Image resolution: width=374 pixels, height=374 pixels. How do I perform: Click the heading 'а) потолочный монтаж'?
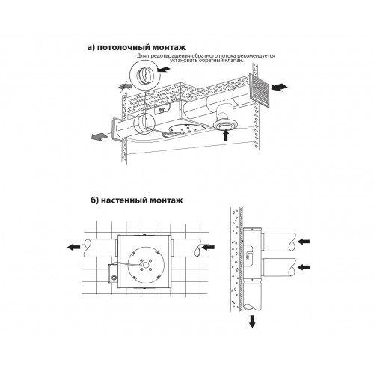click(x=136, y=48)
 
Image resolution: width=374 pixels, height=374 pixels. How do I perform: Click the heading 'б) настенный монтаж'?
click(x=136, y=200)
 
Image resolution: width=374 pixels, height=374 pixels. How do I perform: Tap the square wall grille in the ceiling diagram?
click(x=260, y=91)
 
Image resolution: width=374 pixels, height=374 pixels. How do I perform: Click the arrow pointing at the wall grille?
click(x=279, y=88)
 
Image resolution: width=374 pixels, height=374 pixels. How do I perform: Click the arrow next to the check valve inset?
click(x=164, y=69)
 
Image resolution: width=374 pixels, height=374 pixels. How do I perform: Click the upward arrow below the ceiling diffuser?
click(x=226, y=135)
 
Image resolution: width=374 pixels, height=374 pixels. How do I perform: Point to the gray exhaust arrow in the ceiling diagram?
click(x=99, y=136)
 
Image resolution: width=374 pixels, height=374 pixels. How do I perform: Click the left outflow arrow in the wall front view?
click(x=74, y=247)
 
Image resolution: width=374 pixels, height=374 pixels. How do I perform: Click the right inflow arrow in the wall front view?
click(x=208, y=247)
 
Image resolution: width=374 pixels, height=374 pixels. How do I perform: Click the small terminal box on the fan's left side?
click(x=112, y=274)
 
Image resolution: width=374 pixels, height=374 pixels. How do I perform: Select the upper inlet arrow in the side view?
click(x=304, y=241)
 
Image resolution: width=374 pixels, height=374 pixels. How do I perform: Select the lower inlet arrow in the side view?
click(x=304, y=267)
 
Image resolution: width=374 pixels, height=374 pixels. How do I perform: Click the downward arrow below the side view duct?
click(x=252, y=322)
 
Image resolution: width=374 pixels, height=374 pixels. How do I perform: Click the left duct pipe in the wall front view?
click(x=100, y=248)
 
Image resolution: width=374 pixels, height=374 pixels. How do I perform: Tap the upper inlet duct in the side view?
click(x=279, y=242)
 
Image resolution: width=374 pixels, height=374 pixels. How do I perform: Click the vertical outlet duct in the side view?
click(x=252, y=296)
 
